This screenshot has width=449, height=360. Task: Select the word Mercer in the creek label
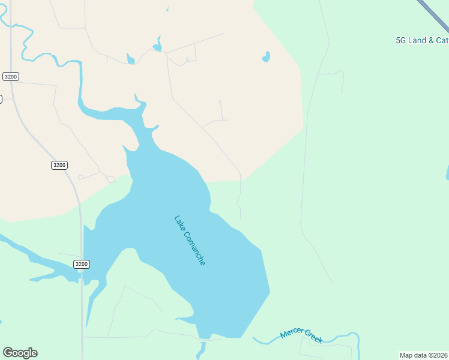click(x=292, y=334)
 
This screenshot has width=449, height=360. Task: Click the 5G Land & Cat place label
click(x=422, y=41)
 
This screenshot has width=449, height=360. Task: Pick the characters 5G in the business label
click(x=401, y=41)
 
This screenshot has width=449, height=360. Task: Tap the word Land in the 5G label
click(x=418, y=41)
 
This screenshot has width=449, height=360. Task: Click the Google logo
click(x=20, y=353)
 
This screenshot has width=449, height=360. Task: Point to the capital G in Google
click(x=8, y=353)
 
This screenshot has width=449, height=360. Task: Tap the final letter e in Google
click(x=34, y=353)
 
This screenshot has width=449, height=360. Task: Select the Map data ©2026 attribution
click(x=424, y=355)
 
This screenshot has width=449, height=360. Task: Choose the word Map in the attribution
click(x=406, y=355)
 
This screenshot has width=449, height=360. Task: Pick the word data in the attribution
click(x=420, y=355)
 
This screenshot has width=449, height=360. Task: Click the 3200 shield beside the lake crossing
click(x=82, y=264)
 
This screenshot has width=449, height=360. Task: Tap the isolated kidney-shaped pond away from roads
click(x=265, y=57)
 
